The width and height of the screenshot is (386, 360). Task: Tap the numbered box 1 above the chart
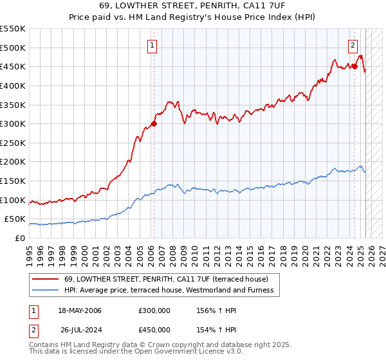tap(152, 45)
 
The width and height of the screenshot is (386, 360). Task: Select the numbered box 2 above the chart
tap(353, 45)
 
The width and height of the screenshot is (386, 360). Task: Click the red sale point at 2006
tap(154, 123)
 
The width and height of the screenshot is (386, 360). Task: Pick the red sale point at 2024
tap(354, 66)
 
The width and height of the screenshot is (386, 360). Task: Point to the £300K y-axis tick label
tap(13, 123)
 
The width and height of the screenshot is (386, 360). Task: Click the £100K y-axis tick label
tap(13, 200)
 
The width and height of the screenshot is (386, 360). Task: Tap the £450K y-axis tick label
tap(13, 66)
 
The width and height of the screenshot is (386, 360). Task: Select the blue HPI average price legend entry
tap(169, 291)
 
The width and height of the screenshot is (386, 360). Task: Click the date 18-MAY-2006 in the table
tap(80, 310)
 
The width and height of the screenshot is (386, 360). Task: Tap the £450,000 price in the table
tap(154, 330)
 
